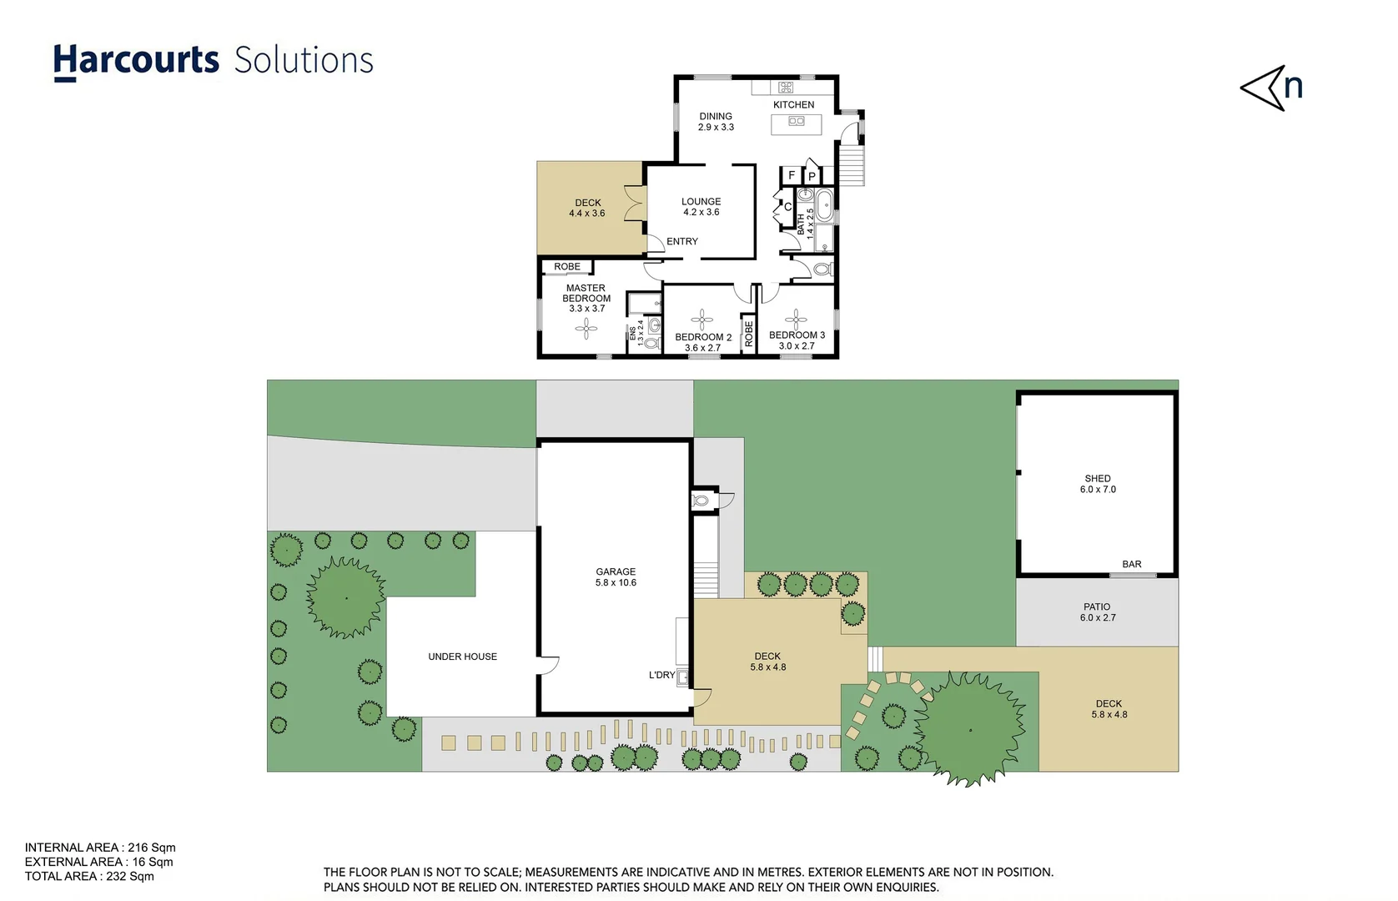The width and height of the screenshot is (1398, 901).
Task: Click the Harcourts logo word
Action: [136, 61]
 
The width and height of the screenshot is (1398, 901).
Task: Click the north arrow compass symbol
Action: [1269, 88]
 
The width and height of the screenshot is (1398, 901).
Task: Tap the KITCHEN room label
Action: [793, 105]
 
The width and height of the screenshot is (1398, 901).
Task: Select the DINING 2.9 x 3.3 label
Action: [716, 122]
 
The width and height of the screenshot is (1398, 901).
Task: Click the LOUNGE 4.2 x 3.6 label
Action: [701, 207]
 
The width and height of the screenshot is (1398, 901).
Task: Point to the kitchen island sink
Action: [797, 122]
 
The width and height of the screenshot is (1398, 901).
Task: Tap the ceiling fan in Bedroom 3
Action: [796, 319]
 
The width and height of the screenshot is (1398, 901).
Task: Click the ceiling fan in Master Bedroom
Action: [586, 329]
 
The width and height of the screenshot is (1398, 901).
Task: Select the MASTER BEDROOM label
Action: [586, 298]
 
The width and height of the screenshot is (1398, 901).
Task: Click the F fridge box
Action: [791, 175]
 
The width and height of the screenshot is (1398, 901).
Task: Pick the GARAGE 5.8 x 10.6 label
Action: [616, 577]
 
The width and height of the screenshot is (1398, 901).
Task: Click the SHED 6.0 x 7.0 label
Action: [1098, 484]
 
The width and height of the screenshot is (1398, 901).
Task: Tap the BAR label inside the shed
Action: [1131, 565]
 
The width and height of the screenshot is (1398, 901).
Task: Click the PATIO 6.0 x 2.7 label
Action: [1097, 612]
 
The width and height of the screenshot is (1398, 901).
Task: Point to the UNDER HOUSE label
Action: [462, 657]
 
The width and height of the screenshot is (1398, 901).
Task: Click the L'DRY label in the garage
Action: [661, 676]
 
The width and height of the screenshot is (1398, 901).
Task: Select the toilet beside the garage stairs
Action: [701, 501]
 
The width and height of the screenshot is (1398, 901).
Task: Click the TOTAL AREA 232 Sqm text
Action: [89, 877]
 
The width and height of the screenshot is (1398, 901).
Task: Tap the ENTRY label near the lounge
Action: [681, 242]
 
